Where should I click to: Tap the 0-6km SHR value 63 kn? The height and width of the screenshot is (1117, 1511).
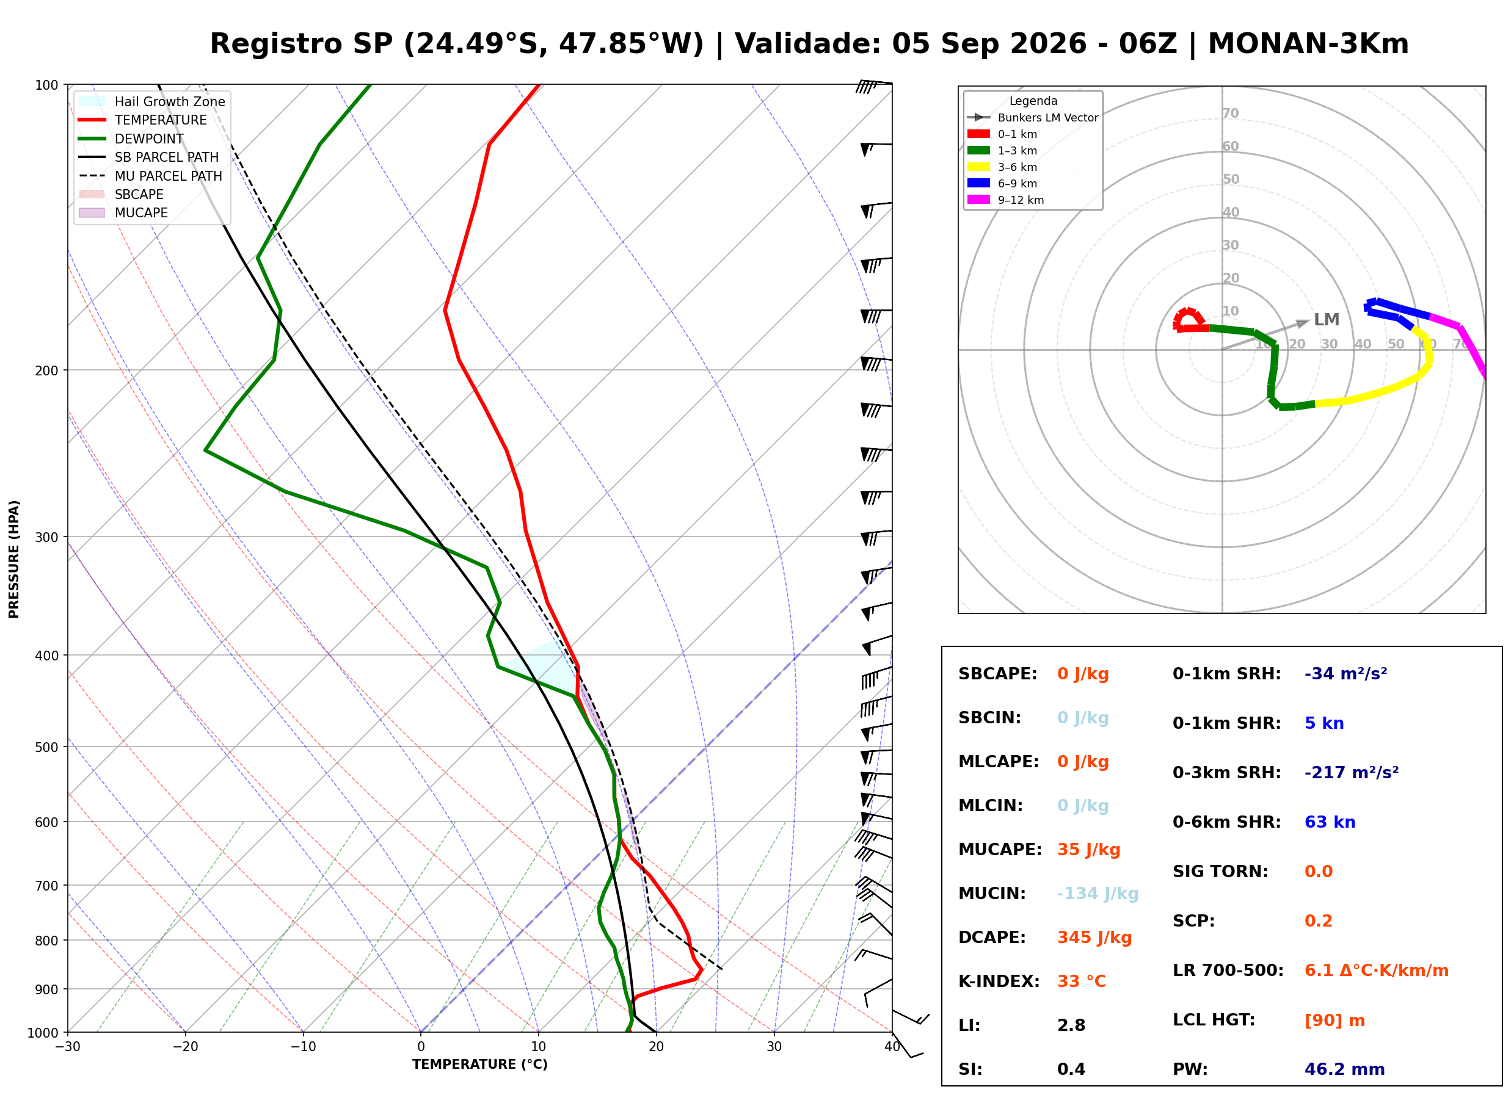1330,822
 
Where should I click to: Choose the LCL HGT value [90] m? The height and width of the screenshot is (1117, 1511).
1334,1021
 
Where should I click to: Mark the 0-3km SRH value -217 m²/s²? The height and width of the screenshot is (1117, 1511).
1352,772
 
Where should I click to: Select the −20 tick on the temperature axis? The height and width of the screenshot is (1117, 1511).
184,1047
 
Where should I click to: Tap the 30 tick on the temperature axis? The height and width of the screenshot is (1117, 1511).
774,1047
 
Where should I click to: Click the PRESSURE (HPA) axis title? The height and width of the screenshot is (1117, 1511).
14,558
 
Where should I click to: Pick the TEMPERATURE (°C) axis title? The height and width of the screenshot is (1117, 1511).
479,1065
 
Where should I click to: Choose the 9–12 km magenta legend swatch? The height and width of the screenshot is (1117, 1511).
978,200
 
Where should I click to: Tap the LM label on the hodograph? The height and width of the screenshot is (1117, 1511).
1327,319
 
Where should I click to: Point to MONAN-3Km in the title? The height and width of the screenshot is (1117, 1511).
1308,44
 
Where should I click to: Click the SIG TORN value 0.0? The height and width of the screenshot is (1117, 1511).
1318,872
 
